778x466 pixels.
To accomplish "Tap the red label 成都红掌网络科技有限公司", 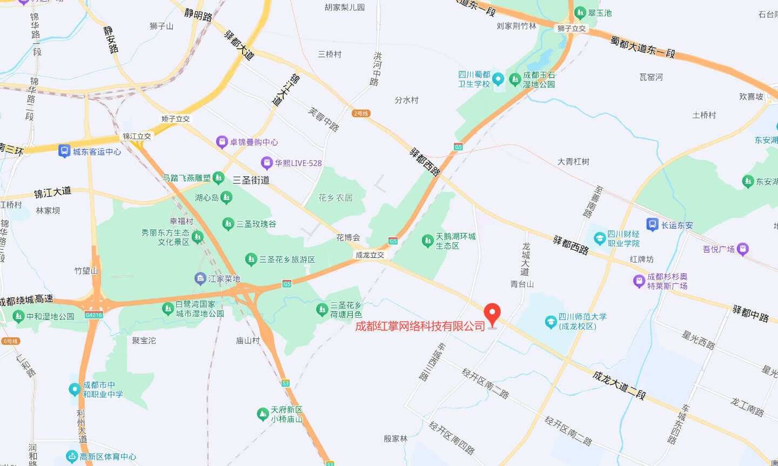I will click(420, 327).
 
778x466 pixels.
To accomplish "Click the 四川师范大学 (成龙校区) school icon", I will click(551, 322).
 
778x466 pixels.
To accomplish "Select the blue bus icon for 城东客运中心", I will click(64, 151).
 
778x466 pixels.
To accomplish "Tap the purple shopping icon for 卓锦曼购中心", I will click(222, 142).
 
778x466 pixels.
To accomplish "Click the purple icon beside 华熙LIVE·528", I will click(266, 163).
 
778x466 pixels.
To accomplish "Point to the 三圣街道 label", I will click(251, 180).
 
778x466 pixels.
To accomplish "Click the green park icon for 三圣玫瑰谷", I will click(228, 224).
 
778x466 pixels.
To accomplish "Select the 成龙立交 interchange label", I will click(370, 255).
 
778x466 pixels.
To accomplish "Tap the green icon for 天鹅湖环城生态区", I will click(427, 241).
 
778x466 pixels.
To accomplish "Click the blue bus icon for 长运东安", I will click(652, 225).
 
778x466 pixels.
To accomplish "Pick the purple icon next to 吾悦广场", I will click(743, 249).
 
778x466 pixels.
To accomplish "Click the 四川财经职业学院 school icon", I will click(599, 238).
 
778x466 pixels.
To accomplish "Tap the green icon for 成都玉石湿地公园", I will click(514, 79).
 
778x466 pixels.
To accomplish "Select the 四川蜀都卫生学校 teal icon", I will click(498, 79).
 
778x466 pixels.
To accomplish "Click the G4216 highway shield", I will click(93, 315).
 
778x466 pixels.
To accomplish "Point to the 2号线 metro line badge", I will click(361, 114).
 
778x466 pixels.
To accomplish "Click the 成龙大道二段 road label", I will click(619, 385).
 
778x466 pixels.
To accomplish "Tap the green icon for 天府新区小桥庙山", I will click(263, 415).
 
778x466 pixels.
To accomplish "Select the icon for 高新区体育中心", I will click(72, 457).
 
